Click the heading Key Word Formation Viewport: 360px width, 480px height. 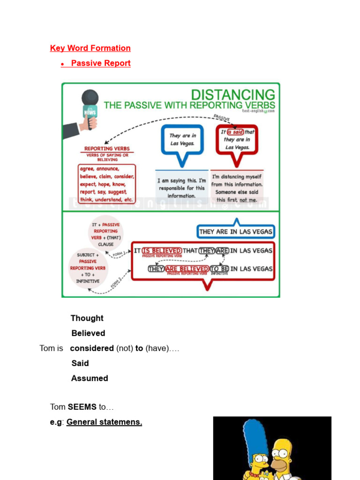pos(90,48)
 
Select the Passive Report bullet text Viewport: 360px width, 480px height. pos(101,63)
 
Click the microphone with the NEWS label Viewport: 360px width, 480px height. pos(89,107)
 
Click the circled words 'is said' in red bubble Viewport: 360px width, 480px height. pos(235,132)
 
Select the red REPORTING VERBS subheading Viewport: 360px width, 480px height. pos(107,149)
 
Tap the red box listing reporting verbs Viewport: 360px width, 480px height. pos(107,184)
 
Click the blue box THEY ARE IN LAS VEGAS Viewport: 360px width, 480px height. pos(236,232)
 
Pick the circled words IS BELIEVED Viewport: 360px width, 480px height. pos(161,251)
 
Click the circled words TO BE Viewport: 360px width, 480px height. pos(219,269)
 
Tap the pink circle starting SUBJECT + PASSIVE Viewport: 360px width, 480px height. pos(88,268)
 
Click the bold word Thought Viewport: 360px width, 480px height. pos(87,318)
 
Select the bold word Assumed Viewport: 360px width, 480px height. pos(90,378)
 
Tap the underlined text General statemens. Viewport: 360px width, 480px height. pos(104,422)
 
